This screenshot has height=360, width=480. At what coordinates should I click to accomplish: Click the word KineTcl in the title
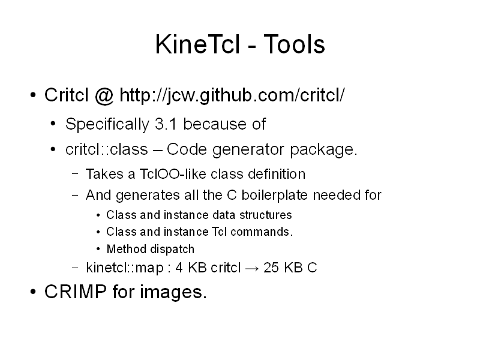[x=197, y=44]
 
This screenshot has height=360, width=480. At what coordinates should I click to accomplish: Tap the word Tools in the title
[x=294, y=44]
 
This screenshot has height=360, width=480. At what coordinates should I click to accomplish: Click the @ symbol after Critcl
[x=104, y=95]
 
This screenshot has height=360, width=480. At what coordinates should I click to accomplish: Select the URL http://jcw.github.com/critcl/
[x=232, y=95]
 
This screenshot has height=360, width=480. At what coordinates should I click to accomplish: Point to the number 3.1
[x=166, y=124]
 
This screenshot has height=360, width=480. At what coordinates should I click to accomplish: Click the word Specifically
[x=107, y=125]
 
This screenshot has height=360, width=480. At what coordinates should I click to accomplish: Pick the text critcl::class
[x=107, y=149]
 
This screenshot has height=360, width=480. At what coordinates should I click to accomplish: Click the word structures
[x=265, y=215]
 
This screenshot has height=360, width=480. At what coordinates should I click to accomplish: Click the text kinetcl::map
[x=125, y=268]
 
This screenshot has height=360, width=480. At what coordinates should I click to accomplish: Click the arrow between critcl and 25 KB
[x=252, y=268]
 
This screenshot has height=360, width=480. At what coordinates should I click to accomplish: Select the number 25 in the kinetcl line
[x=271, y=268]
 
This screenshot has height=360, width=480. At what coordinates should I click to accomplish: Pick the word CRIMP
[x=76, y=292]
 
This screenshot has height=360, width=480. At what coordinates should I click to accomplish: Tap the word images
[x=173, y=293]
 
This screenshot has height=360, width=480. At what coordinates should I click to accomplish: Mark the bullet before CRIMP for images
[x=33, y=292]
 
